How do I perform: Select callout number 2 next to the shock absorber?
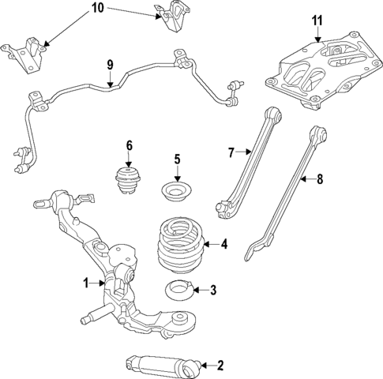pyautogui.click(x=220, y=365)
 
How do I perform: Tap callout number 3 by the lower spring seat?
pyautogui.click(x=212, y=291)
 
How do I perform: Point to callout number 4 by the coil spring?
pyautogui.click(x=224, y=245)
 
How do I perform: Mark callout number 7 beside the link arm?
pyautogui.click(x=232, y=152)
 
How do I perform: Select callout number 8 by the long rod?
pyautogui.click(x=320, y=180)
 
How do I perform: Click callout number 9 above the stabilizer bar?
pyautogui.click(x=110, y=64)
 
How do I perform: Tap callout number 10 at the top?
pyautogui.click(x=98, y=9)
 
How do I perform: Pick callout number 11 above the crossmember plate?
pyautogui.click(x=317, y=20)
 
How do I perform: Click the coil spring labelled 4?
pyautogui.click(x=178, y=245)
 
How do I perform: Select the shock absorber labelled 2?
pyautogui.click(x=159, y=365)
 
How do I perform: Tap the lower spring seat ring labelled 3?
pyautogui.click(x=178, y=290)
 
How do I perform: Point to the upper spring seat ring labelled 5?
pyautogui.click(x=177, y=192)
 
